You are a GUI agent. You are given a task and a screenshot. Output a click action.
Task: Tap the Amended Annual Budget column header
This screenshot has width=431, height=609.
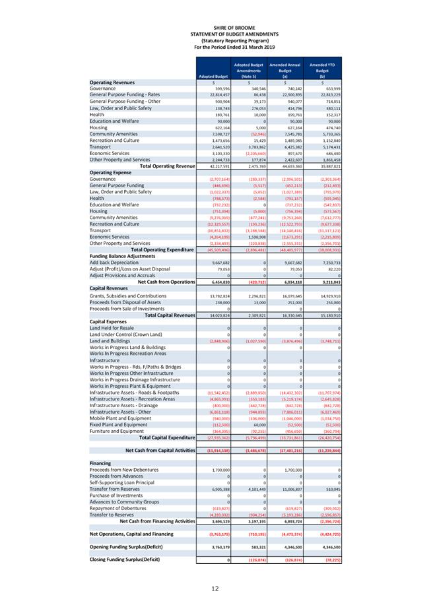284,69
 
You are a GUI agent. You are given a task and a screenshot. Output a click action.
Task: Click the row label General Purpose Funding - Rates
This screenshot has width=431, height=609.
125,94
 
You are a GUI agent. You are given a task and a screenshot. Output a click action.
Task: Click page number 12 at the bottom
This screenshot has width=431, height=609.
215,589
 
